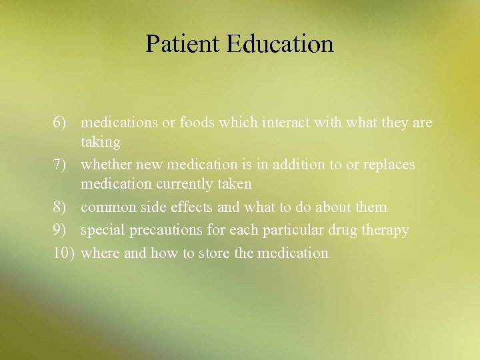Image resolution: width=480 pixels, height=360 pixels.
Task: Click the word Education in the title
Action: [279, 44]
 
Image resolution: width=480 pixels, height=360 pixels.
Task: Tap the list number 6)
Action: [61, 123]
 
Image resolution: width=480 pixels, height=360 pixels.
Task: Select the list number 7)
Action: [61, 164]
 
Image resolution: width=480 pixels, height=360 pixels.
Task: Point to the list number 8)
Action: [61, 207]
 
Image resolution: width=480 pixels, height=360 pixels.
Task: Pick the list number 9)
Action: [61, 230]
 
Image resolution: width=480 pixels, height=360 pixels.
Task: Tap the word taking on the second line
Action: [101, 142]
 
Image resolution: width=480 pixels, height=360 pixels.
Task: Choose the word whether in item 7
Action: [104, 164]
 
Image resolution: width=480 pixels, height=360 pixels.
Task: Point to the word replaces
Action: [389, 164]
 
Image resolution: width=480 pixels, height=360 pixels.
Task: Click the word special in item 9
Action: [101, 230]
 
